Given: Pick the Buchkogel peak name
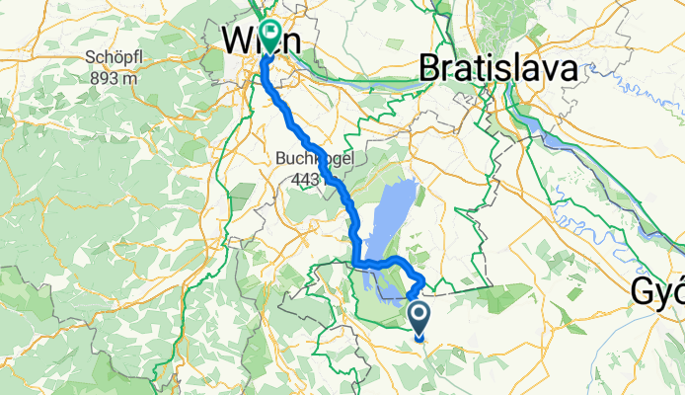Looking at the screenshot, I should tap(308, 157).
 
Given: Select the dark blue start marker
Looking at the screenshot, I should tap(419, 318).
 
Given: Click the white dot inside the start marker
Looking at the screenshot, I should tap(419, 316).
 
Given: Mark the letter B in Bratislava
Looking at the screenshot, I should tap(429, 69).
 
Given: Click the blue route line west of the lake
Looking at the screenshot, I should tap(352, 237).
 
